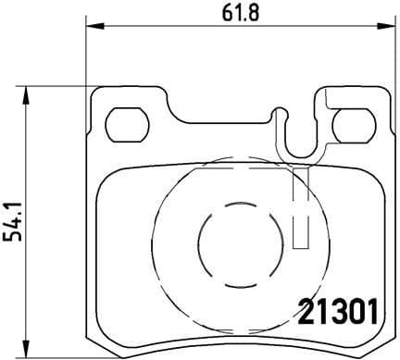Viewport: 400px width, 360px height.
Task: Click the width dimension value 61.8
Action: pyautogui.click(x=233, y=13)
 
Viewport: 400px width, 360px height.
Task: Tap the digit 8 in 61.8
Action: pyautogui.click(x=250, y=13)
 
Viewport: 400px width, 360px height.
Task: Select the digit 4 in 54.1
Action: pyautogui.click(x=13, y=224)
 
